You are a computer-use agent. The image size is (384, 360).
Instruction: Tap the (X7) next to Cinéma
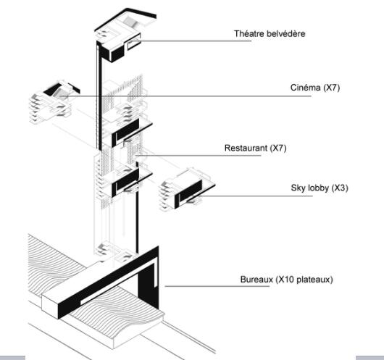[325, 88]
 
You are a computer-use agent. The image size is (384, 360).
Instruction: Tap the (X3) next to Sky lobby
[336, 188]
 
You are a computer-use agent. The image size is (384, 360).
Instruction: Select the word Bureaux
[256, 278]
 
